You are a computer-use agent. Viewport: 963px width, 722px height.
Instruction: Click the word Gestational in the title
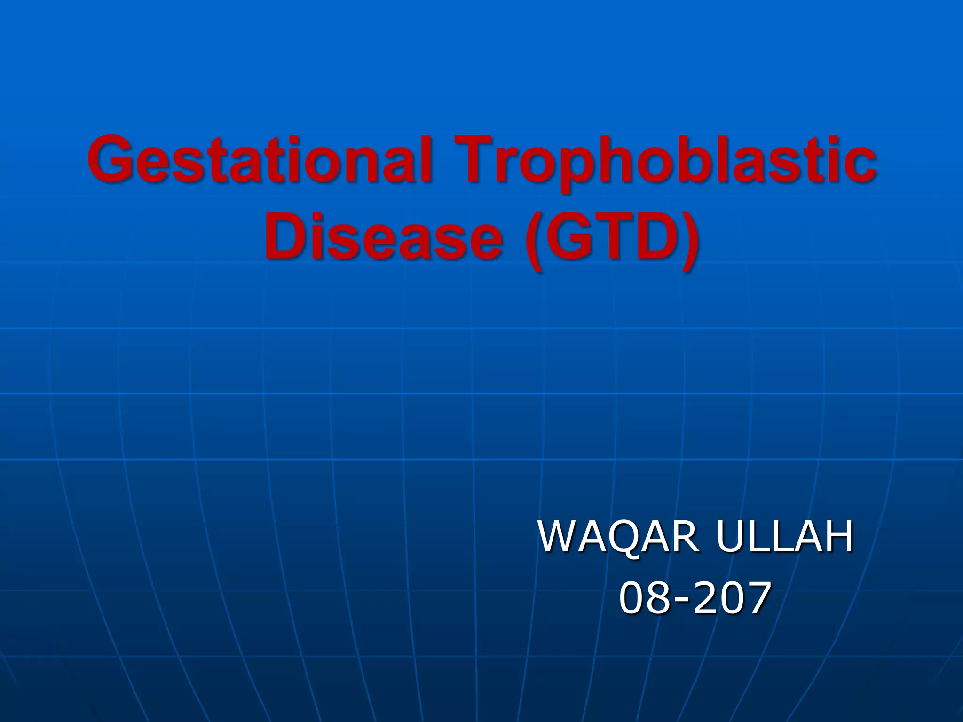[259, 160]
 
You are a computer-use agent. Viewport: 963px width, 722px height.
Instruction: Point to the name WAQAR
[619, 537]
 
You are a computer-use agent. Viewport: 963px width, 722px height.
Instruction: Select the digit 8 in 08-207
[661, 597]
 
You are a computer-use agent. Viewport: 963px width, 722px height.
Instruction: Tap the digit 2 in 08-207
[705, 597]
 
